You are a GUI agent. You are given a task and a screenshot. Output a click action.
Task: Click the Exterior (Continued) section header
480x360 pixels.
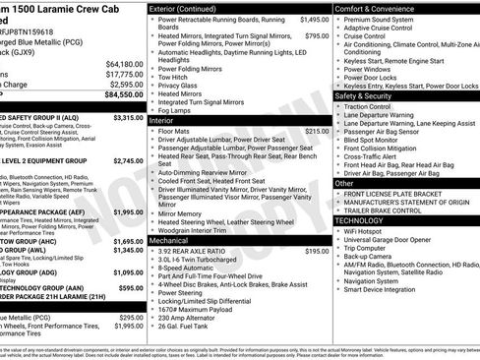(185, 8)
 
